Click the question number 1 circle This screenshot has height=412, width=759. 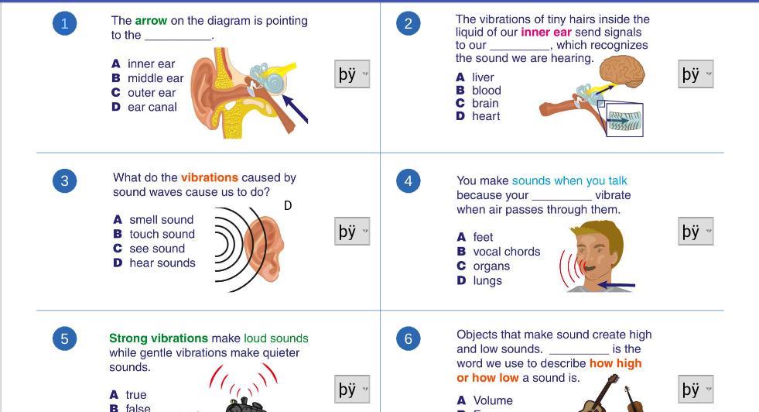click(65, 24)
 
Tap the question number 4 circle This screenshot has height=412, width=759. click(409, 181)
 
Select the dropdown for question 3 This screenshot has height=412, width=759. click(352, 232)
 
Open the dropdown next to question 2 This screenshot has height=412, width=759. click(696, 74)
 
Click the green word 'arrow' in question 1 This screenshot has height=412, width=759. click(151, 21)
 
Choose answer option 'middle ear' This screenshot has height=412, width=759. click(155, 78)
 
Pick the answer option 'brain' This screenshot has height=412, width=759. click(484, 103)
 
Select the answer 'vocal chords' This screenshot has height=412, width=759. click(506, 252)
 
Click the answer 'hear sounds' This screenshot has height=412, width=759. click(162, 263)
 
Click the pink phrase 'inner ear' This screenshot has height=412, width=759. click(546, 33)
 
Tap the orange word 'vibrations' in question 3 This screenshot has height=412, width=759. click(210, 177)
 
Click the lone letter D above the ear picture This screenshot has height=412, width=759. click(288, 205)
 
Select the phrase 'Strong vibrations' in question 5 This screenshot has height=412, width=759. click(159, 338)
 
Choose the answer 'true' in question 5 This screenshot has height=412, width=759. click(136, 395)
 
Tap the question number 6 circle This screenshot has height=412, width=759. click(409, 338)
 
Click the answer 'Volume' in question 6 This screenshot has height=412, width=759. click(494, 400)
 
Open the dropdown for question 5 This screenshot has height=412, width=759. click(352, 389)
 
